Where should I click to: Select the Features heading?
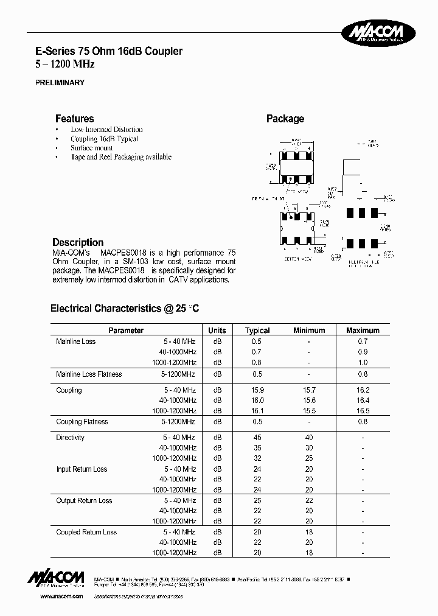pos(75,119)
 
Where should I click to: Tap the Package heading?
pos(285,119)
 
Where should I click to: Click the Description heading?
pos(78,242)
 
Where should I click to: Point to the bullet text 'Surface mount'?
pos(91,148)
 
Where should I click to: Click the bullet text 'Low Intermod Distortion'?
pos(106,130)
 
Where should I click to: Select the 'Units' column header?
pos(217,331)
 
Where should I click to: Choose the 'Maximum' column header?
pos(363,331)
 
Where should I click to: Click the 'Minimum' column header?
pos(309,331)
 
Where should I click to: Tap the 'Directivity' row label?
pos(71,438)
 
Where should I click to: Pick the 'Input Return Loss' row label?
pos(82,469)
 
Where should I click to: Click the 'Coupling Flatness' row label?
pos(82,422)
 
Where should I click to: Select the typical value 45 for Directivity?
pos(257,438)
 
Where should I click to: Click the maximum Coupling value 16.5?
pos(363,411)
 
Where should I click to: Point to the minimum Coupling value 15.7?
pos(309,390)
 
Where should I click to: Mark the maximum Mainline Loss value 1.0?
pos(363,362)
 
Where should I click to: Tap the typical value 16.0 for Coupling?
pos(257,401)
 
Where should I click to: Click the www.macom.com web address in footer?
pos(61,597)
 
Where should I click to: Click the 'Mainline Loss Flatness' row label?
pos(89,374)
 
